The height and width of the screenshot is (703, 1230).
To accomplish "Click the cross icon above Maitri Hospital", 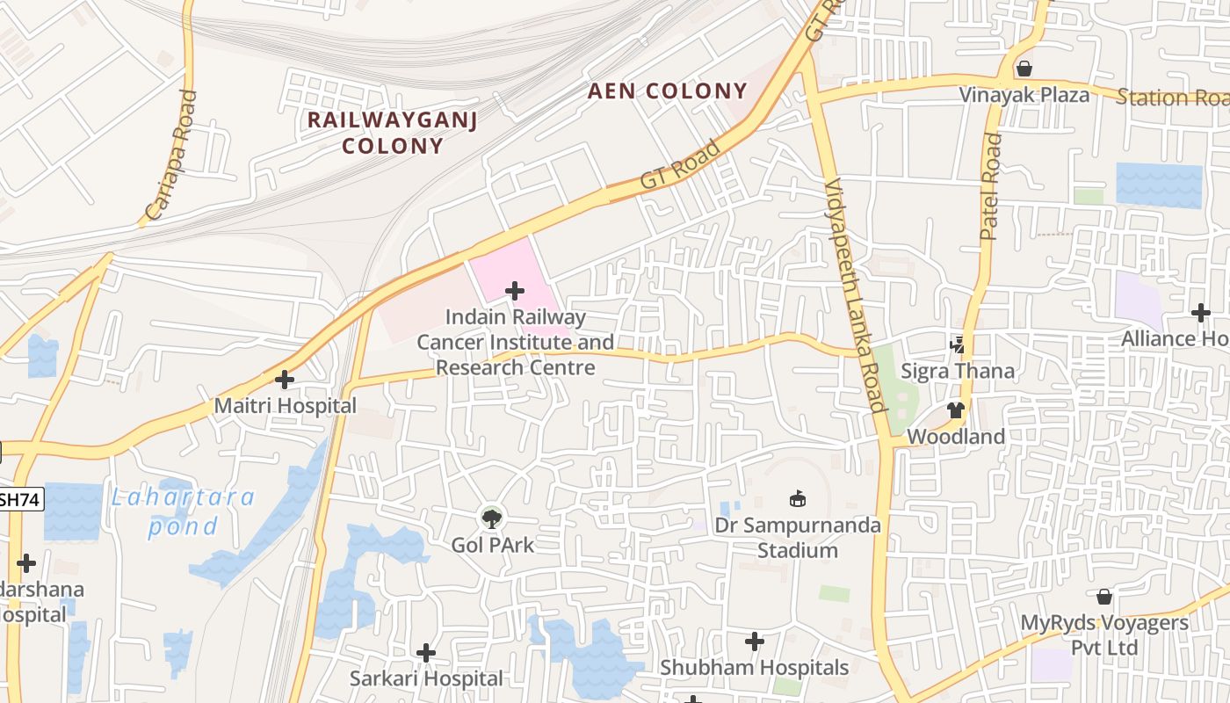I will [x=284, y=380].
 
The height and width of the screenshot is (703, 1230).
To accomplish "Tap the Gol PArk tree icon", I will [x=492, y=518].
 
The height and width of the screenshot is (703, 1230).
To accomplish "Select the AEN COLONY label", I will [x=667, y=91].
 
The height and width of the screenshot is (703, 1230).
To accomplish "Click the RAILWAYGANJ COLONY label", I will [x=392, y=133].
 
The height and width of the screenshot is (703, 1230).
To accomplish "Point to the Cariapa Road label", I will [x=171, y=156].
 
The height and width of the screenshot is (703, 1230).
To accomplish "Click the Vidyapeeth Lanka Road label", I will [x=854, y=295].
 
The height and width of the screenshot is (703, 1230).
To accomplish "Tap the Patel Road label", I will [x=990, y=186].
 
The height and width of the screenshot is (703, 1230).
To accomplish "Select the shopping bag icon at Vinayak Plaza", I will [x=1024, y=69].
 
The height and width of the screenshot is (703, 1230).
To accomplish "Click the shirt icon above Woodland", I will [x=956, y=409].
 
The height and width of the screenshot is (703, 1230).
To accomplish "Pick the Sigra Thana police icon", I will [x=957, y=344].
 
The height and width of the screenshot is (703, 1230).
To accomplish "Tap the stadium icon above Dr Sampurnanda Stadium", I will [x=797, y=499].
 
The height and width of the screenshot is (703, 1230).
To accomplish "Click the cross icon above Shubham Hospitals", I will [x=754, y=641].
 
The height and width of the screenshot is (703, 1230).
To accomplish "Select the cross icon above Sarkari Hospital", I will [x=426, y=652].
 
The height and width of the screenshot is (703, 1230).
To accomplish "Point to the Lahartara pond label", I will [x=183, y=511].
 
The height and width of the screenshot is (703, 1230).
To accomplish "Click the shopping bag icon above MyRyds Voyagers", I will [x=1104, y=597].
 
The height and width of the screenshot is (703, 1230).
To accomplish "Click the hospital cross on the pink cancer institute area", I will [x=515, y=291].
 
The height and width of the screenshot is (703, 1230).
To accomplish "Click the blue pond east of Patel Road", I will [x=1158, y=185].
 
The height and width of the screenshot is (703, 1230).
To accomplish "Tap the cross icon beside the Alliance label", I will [x=1200, y=312].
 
